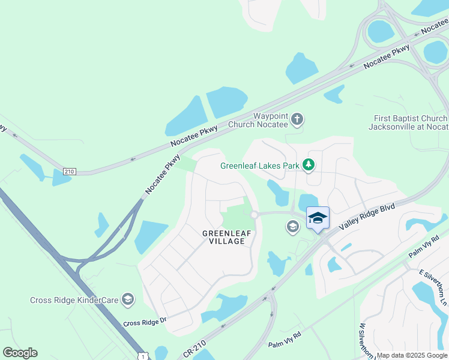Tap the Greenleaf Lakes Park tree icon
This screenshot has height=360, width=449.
coord(309,164)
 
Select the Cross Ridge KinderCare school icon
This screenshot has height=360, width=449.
coord(127,299)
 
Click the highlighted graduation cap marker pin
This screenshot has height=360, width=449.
coord(318,218)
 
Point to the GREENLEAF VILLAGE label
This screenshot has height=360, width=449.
coord(223,237)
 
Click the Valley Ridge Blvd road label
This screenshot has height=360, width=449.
coord(366,217)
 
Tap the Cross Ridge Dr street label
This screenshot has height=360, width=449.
coord(144,322)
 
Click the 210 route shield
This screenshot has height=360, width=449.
coord(70,172)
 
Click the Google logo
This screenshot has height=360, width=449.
coord(20,353)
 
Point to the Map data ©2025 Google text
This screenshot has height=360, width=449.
coord(412,355)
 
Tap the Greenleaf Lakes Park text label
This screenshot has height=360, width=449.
coord(259,166)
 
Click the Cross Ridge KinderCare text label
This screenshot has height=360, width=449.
coord(74,299)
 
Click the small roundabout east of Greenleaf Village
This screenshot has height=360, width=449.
coord(254,215)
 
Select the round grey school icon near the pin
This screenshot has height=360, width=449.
coord(292,226)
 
